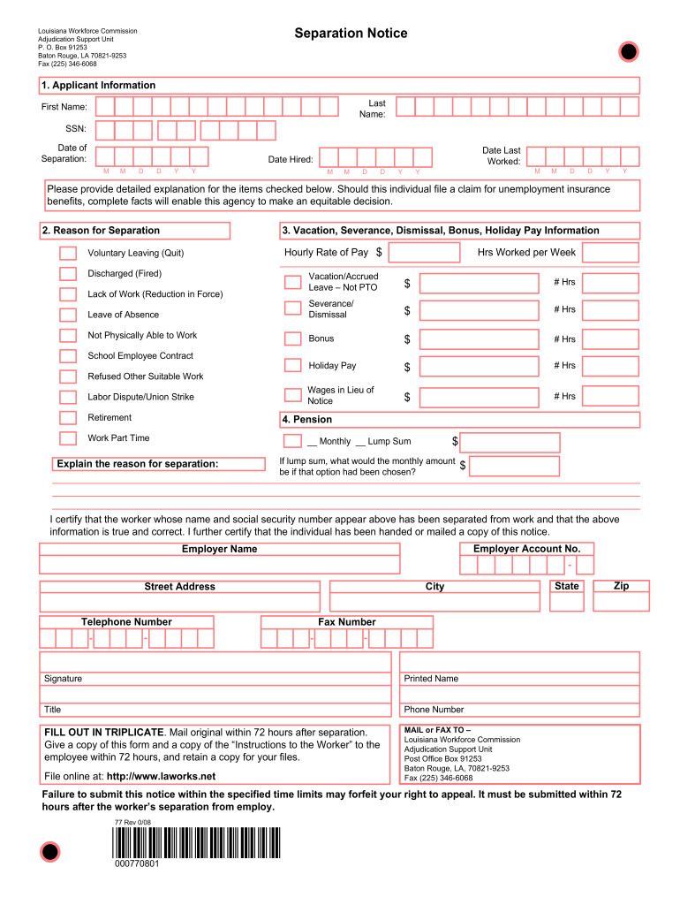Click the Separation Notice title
351,34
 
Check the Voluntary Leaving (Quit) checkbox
68,253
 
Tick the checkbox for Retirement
68,418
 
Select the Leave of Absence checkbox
68,315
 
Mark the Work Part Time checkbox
68,438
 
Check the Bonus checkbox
293,338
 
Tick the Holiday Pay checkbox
293,366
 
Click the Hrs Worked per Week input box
610,253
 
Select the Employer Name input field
219,565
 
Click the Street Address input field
179,602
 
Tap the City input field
434,602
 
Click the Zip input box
621,602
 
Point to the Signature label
63,679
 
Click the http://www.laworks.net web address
161,777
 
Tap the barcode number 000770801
137,863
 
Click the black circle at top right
628,53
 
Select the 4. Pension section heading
307,420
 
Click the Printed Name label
431,679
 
